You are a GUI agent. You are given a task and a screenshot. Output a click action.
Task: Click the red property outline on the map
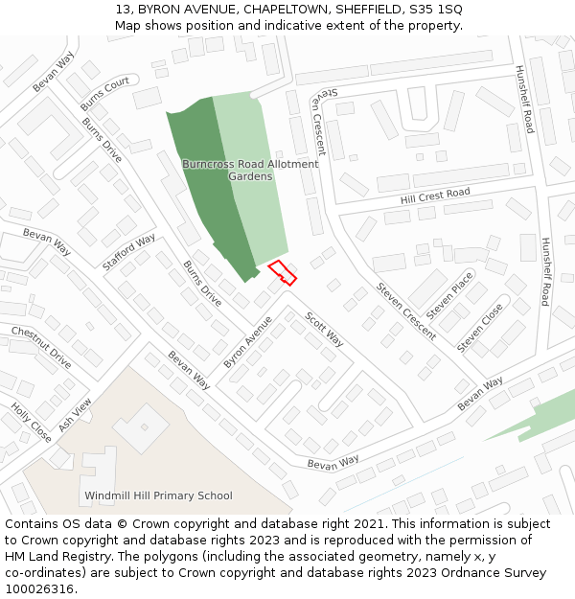pyautogui.click(x=282, y=272)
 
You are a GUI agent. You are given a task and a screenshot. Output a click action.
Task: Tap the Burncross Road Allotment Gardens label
pyautogui.click(x=250, y=170)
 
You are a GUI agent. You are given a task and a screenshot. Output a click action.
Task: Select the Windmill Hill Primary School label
pyautogui.click(x=158, y=495)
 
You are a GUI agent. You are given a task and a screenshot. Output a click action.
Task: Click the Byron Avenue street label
pyautogui.click(x=248, y=342)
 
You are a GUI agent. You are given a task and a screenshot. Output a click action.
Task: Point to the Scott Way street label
pyautogui.click(x=324, y=328)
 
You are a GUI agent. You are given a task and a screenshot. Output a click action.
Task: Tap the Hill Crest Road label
pyautogui.click(x=435, y=196)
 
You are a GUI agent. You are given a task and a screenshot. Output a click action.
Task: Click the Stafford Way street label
pyautogui.click(x=128, y=252)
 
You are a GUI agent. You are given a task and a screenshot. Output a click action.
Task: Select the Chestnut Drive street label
pyautogui.click(x=41, y=347)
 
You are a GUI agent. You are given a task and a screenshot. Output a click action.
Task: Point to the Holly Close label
pyautogui.click(x=31, y=423)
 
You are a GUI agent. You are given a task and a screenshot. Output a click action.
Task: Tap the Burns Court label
pyautogui.click(x=104, y=93)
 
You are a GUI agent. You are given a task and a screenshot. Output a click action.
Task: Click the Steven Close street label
pyautogui.click(x=480, y=328)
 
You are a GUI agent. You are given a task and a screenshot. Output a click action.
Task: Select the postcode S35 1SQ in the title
pyautogui.click(x=436, y=9)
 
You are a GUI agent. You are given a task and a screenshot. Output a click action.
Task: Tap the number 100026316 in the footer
pyautogui.click(x=41, y=589)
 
